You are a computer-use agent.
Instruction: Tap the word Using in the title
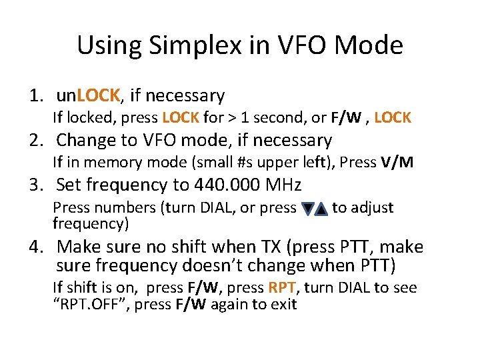[106, 46]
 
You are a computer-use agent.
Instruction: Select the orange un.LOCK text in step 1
[88, 96]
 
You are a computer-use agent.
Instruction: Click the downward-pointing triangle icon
[307, 209]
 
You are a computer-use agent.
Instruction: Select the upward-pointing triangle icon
[321, 209]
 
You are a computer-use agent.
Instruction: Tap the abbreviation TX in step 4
[259, 247]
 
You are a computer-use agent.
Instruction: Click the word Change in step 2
[85, 141]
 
